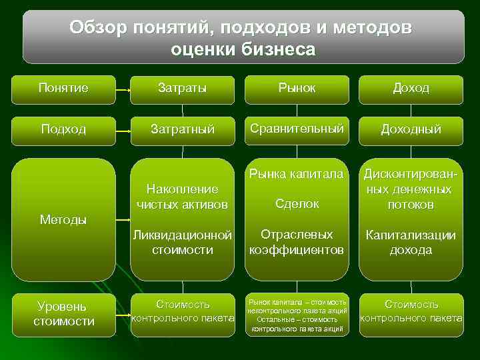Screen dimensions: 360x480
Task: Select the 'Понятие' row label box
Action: tap(63, 89)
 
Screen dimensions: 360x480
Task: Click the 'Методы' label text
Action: tap(63, 220)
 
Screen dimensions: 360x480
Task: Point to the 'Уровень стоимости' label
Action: tap(63, 314)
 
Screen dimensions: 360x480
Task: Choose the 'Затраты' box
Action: tap(182, 89)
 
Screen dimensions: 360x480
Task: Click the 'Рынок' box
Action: tap(297, 89)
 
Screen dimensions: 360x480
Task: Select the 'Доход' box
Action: tap(411, 89)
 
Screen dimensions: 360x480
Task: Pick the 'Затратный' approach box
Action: tap(182, 129)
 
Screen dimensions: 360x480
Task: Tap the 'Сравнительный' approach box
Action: tap(297, 129)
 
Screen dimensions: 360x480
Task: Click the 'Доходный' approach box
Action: tap(411, 129)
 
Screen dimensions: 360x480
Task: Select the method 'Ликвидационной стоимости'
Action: tap(182, 243)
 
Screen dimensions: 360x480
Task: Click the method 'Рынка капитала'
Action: tap(297, 175)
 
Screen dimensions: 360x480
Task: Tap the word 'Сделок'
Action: tap(297, 204)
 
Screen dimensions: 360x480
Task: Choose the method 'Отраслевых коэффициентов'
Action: tap(297, 243)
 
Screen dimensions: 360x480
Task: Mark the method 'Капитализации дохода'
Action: tap(411, 243)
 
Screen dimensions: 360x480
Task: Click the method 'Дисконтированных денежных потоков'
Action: tap(411, 189)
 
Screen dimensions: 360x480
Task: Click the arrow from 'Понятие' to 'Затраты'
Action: tap(121, 90)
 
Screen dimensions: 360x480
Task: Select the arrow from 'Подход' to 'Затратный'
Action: tap(121, 131)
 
